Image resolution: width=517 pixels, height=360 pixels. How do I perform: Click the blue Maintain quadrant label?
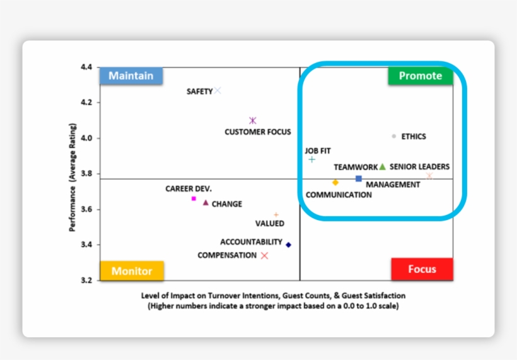tap(131, 76)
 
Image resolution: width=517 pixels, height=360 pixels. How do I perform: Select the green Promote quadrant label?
tap(421, 76)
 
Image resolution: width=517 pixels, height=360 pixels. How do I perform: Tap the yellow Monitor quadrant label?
tap(132, 271)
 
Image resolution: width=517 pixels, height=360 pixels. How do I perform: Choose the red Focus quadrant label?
tap(422, 269)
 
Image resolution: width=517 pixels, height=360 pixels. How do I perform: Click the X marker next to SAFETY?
tap(218, 91)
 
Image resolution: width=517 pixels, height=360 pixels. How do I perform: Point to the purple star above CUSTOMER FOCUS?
tap(253, 120)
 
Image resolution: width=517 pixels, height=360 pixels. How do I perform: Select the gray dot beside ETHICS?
tap(394, 136)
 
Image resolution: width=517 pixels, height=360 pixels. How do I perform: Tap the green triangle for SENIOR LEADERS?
tap(382, 166)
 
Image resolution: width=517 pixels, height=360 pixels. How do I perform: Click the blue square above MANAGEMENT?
tap(359, 178)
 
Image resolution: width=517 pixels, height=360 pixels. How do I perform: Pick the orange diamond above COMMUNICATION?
tap(335, 182)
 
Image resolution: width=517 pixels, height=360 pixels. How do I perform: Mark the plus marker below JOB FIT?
tap(311, 160)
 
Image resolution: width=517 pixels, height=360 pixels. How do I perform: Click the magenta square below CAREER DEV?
tap(194, 199)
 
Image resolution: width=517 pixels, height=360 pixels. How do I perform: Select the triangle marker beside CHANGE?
tap(206, 202)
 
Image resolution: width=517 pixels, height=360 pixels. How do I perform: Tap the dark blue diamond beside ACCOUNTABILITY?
tap(289, 245)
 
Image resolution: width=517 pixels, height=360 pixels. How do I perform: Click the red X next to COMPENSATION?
tap(265, 255)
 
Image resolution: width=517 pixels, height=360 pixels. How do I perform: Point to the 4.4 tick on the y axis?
tap(86, 67)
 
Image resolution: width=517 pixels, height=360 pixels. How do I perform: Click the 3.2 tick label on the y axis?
tap(86, 280)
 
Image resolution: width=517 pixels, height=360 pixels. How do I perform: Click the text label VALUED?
tap(269, 223)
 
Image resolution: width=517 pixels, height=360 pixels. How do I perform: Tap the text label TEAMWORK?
tap(356, 167)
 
